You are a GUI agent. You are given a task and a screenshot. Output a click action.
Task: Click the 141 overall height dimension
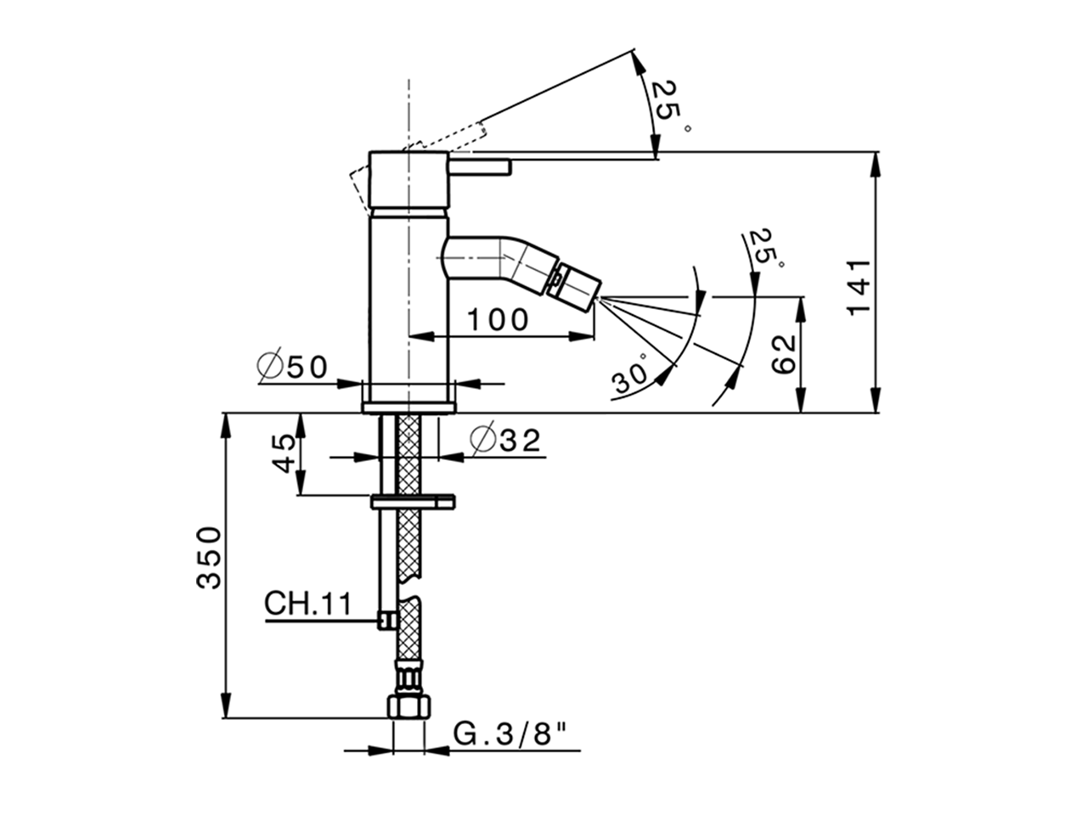[859, 285]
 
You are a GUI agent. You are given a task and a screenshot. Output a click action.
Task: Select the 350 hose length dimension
[209, 557]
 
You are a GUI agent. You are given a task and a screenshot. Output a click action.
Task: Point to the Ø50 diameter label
[291, 367]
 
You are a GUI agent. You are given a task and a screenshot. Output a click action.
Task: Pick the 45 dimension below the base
[285, 453]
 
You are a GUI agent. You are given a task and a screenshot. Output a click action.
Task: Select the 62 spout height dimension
[783, 353]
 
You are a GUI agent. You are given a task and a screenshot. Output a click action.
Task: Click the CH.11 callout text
[307, 604]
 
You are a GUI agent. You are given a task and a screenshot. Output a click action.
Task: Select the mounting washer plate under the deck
[414, 503]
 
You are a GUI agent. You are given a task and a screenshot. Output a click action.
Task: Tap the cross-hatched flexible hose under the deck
[409, 543]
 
